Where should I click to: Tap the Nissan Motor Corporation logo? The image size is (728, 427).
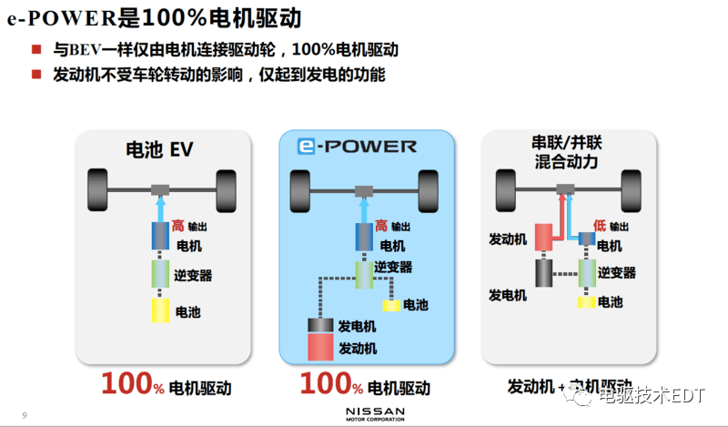pos(375,414)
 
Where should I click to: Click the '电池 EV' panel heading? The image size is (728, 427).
pos(159,148)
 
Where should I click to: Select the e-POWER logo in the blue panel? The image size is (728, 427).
pos(358,147)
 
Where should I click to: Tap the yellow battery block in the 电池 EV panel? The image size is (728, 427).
pos(160,310)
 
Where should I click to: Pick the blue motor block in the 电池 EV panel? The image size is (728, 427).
pos(160,237)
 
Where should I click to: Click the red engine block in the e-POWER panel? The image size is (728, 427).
pos(321,348)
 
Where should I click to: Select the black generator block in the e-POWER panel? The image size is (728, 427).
pos(321,326)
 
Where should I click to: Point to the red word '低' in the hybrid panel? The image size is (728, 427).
pos(599,226)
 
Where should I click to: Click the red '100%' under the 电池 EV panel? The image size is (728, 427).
pos(133,384)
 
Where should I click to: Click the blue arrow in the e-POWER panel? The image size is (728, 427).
pos(363,208)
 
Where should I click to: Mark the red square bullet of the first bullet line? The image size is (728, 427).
pos(35,49)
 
